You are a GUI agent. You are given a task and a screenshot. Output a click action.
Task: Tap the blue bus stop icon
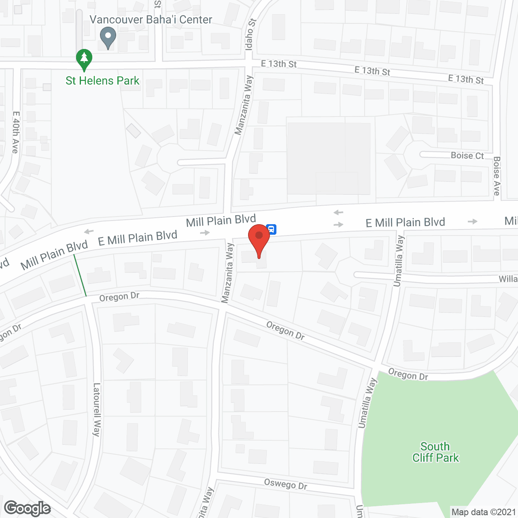(272, 229)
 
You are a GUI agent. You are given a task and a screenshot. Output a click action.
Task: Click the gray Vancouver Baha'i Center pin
(108, 37)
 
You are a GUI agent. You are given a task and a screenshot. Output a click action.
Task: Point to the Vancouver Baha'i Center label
(151, 20)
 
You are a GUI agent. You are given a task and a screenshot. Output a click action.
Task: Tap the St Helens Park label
(102, 81)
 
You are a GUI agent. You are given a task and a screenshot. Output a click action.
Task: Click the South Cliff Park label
(435, 452)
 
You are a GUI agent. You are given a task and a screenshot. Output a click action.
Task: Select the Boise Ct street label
(467, 155)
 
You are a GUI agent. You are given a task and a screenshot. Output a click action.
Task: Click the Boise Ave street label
(497, 176)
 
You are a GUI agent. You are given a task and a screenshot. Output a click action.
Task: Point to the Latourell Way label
(96, 410)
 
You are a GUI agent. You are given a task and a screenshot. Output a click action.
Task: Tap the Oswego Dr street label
(285, 484)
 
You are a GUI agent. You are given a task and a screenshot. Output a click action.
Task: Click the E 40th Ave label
(16, 132)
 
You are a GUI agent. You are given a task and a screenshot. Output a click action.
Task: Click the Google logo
(28, 508)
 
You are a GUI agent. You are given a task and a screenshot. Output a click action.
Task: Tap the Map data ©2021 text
(483, 512)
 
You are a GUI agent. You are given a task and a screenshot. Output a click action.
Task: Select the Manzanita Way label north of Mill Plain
(244, 105)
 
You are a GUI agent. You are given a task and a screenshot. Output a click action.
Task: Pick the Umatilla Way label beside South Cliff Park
(367, 403)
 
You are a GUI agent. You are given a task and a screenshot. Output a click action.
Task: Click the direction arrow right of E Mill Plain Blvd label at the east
(472, 221)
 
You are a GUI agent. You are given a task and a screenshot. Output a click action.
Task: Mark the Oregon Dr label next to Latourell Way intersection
(119, 297)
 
